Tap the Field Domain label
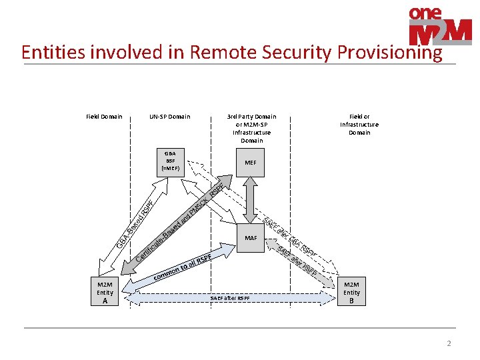(x=104, y=117)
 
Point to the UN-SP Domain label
(x=169, y=117)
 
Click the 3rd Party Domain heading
(x=251, y=128)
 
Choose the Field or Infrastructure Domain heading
(x=359, y=124)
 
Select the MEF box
(x=250, y=163)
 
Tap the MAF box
(x=251, y=238)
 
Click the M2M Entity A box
(x=105, y=293)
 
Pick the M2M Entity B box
(x=351, y=293)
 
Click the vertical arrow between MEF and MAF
(x=251, y=199)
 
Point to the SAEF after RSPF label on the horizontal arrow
(x=230, y=298)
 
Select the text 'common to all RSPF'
(x=182, y=267)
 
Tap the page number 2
(x=449, y=343)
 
